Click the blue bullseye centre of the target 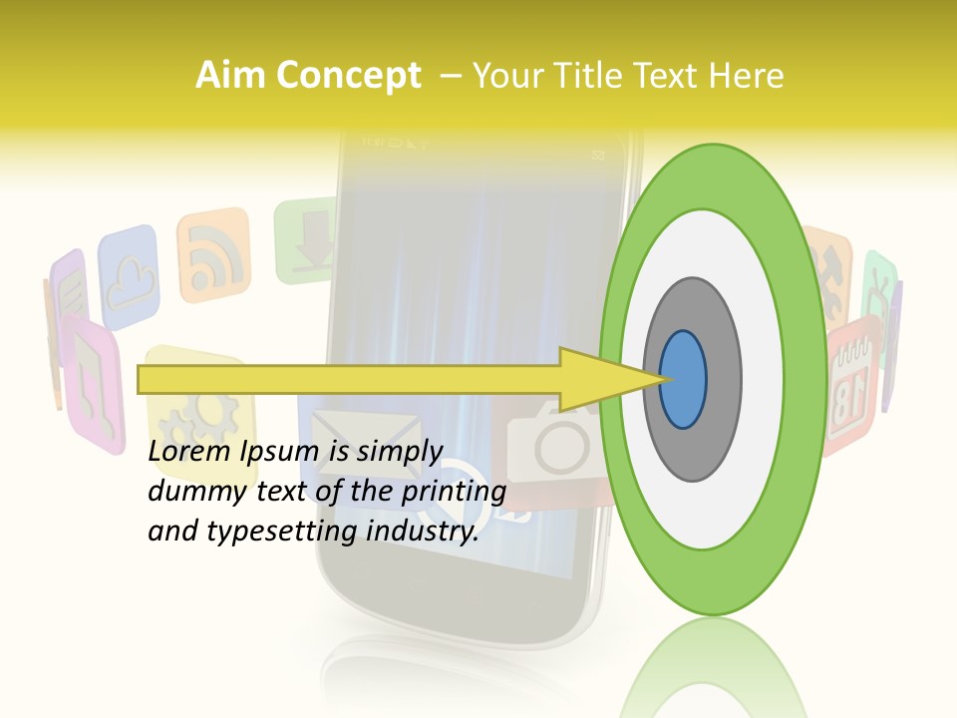pyautogui.click(x=683, y=380)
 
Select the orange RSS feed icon pyautogui.click(x=213, y=254)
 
